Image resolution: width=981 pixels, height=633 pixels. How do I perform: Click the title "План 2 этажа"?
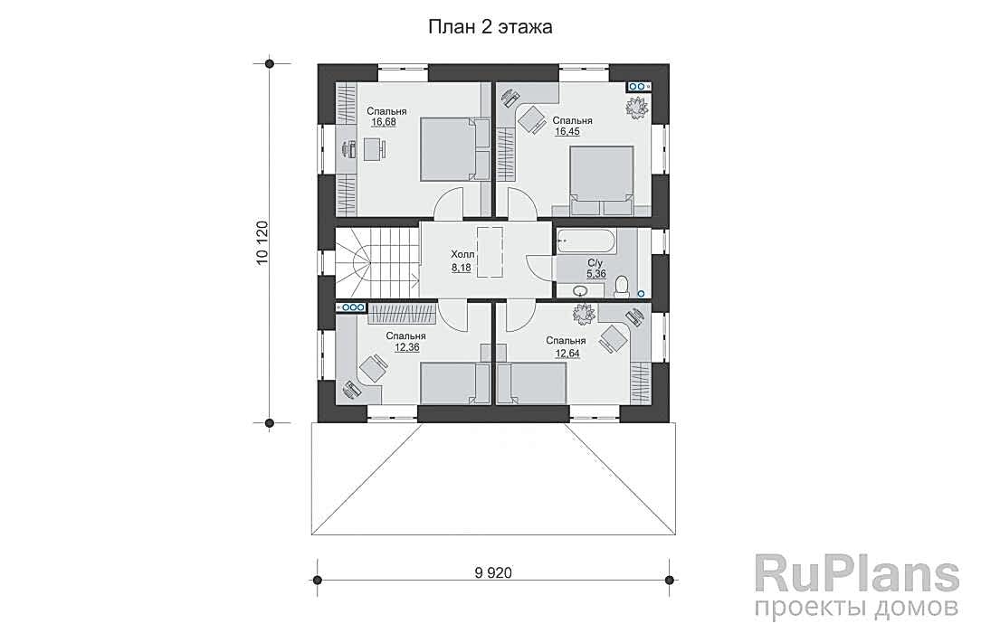point(490,27)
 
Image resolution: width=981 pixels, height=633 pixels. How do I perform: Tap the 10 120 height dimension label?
point(262,243)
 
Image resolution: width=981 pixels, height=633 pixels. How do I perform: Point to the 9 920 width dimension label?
point(493,572)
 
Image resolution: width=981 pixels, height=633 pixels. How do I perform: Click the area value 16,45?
point(567,132)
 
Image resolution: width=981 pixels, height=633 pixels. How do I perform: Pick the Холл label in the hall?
point(463,255)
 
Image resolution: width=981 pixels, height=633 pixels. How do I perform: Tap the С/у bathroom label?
point(595,263)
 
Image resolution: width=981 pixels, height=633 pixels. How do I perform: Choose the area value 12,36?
point(406,347)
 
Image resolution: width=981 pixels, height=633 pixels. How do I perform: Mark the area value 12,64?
point(567,353)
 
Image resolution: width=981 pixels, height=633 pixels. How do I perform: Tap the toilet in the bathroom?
point(622,286)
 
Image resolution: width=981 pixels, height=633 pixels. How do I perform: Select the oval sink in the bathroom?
point(580,290)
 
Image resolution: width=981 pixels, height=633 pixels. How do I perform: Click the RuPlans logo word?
point(857,574)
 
